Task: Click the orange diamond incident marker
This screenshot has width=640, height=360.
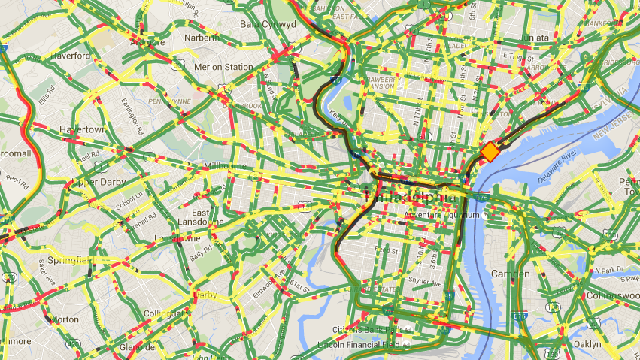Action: coord(490,152)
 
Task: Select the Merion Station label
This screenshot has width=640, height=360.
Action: coord(223,67)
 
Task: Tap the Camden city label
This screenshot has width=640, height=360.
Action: coord(510,274)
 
